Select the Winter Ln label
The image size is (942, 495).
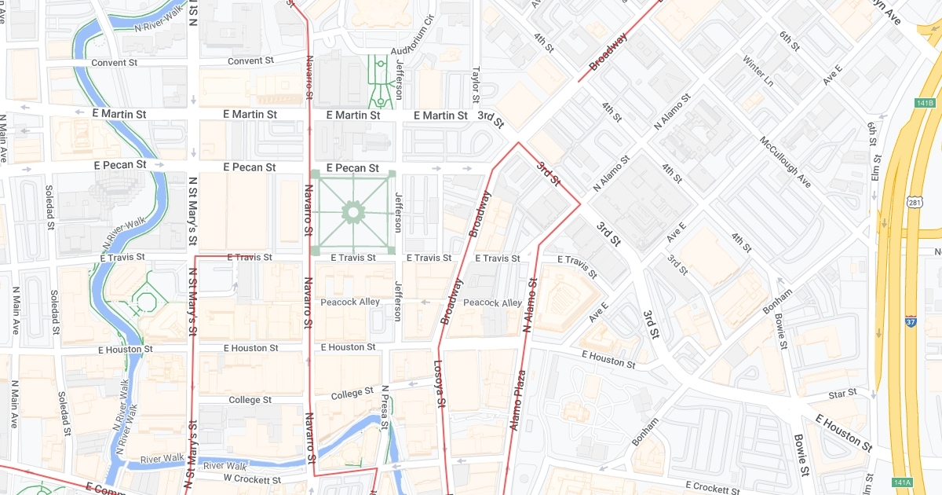pos(758,71)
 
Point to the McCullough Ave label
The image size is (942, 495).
pos(785,162)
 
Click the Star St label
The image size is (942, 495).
pos(842,393)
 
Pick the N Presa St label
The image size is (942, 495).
pos(385,407)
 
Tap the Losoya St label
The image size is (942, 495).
pos(440,384)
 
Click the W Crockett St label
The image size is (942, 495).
pos(252,478)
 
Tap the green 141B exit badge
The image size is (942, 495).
pos(926,103)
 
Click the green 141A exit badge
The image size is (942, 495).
pos(902,482)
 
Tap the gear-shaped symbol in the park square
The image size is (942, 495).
pos(352,211)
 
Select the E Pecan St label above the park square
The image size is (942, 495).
pos(352,168)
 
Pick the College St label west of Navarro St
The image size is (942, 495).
pos(250,400)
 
